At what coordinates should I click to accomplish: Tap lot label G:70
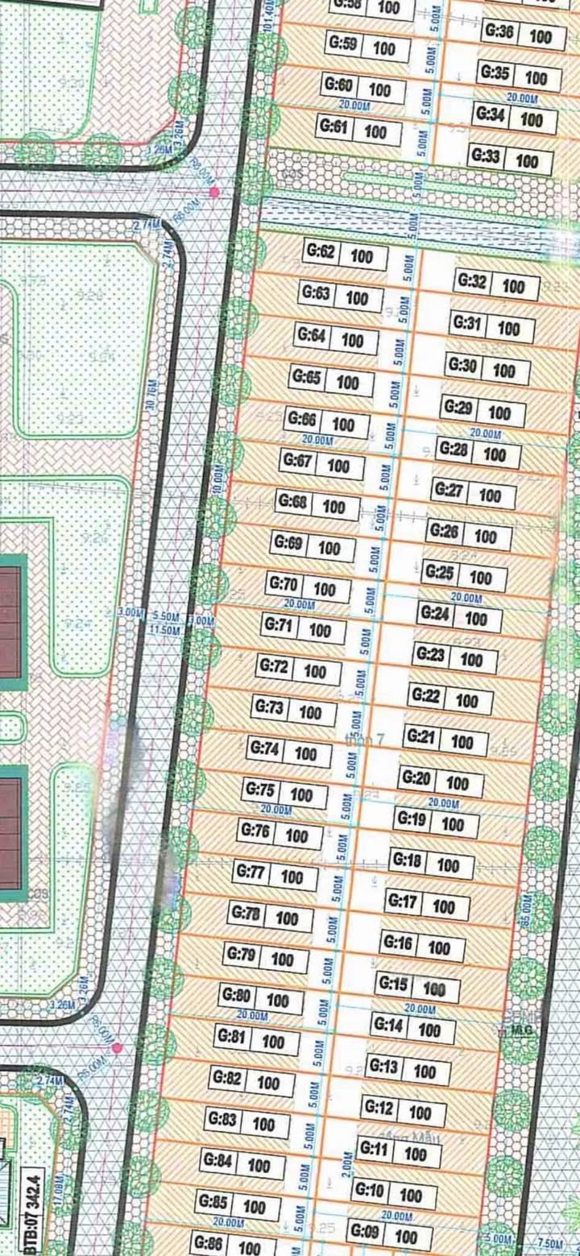[x=284, y=585]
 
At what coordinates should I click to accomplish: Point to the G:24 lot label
[x=435, y=615]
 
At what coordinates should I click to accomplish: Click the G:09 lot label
[x=365, y=1233]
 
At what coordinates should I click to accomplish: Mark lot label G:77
[x=251, y=873]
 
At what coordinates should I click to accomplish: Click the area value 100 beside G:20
[x=458, y=784]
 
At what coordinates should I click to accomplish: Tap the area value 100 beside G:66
[x=343, y=425]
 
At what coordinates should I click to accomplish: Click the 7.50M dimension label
[x=550, y=1243]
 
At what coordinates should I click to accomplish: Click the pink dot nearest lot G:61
[x=213, y=192]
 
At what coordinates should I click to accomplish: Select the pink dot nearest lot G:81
[x=118, y=1047]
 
